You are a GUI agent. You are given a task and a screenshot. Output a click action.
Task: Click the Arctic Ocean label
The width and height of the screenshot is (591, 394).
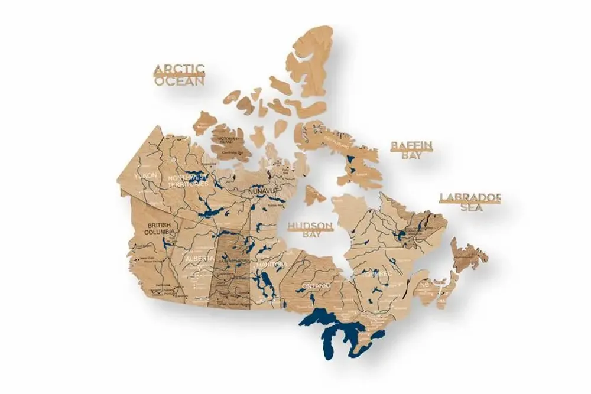tap(179, 76)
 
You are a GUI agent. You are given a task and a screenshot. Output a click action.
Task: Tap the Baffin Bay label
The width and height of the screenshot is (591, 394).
tap(412, 150)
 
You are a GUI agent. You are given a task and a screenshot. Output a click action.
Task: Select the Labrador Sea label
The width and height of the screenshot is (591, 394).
tap(470, 202)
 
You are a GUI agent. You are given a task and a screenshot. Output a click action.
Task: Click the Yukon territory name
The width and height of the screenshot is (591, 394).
tap(145, 176)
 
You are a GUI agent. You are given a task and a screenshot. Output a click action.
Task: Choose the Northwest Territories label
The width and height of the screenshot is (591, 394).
tap(188, 180)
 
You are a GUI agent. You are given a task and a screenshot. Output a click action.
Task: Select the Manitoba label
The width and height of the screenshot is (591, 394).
tap(272, 264)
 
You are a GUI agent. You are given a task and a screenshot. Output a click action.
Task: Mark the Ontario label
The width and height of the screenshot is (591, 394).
tap(316, 286)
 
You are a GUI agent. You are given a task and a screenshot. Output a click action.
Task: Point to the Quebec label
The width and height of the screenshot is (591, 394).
tap(378, 275)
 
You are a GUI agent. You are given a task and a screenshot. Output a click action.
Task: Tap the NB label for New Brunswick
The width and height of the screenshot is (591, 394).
tap(424, 285)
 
